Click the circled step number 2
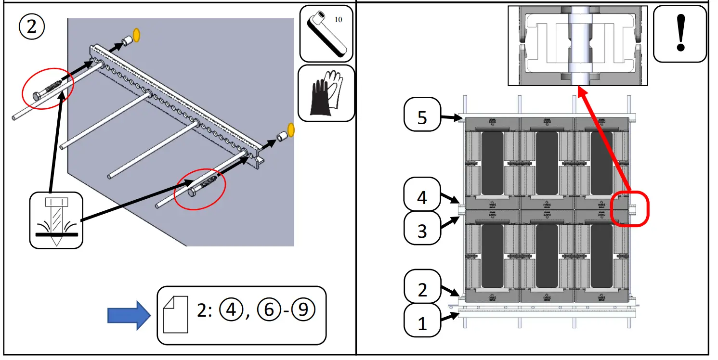point(31,27)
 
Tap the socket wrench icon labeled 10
point(326,33)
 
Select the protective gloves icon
point(326,93)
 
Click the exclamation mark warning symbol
point(680,33)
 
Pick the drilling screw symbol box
point(56,220)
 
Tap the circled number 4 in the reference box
point(231,311)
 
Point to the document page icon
point(176,315)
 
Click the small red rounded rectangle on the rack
point(630,209)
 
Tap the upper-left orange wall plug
point(136,35)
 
